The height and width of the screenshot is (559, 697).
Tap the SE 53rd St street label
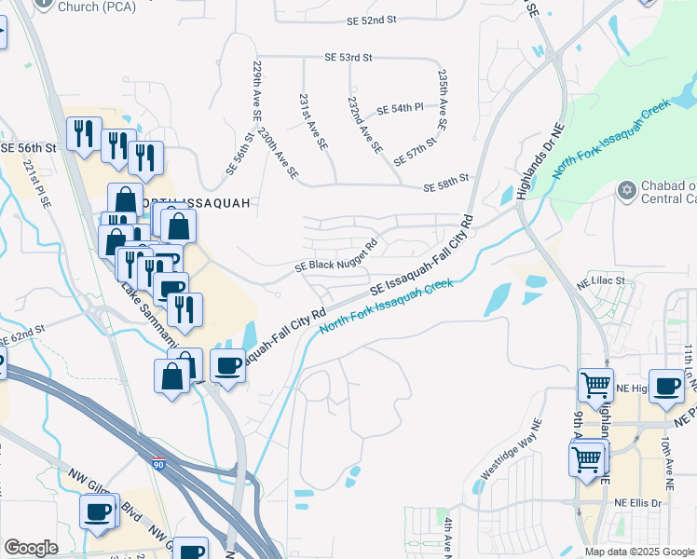pyautogui.click(x=348, y=58)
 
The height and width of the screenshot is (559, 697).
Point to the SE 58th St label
pyautogui.click(x=445, y=188)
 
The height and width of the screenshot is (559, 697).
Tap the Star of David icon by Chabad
pyautogui.click(x=626, y=191)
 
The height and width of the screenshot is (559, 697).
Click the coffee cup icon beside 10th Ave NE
pyautogui.click(x=666, y=385)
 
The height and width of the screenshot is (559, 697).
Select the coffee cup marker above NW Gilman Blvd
pyautogui.click(x=98, y=511)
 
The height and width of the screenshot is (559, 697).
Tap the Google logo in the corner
pyautogui.click(x=32, y=549)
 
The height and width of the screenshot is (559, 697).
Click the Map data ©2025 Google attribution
pyautogui.click(x=638, y=552)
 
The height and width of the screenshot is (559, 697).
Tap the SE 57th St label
pyautogui.click(x=416, y=148)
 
